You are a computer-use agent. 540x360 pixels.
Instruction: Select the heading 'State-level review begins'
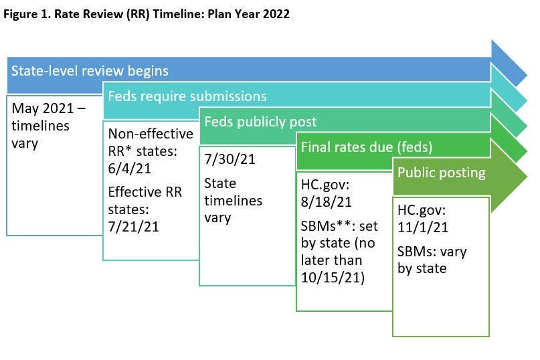tap(89, 70)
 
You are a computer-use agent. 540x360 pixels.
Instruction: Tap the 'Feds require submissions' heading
tap(187, 96)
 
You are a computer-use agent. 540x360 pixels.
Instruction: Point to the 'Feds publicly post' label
tap(260, 122)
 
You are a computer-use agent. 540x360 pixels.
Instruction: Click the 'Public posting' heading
tap(441, 172)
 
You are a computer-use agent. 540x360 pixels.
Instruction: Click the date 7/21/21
tap(134, 227)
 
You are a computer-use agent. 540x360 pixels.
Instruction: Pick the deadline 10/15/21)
tap(333, 277)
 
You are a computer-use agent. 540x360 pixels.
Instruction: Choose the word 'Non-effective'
tap(151, 133)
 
